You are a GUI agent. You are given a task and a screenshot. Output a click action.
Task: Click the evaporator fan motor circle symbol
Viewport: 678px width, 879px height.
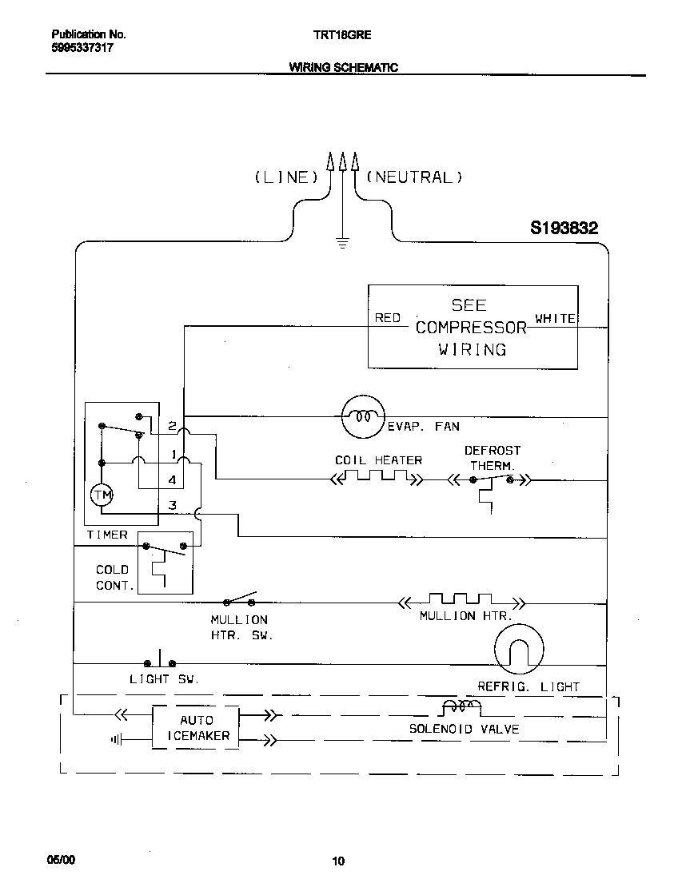[x=362, y=416]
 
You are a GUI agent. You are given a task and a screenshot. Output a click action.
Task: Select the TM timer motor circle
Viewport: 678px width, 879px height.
[x=102, y=496]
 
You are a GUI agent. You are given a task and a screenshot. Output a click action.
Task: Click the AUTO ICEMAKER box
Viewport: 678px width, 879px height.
[x=196, y=727]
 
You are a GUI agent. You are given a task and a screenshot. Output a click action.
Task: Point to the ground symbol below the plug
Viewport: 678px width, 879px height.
[x=343, y=243]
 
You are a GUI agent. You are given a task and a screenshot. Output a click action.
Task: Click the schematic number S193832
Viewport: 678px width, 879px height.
[x=564, y=229]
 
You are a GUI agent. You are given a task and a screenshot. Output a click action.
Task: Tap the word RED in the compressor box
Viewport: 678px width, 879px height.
[x=388, y=318]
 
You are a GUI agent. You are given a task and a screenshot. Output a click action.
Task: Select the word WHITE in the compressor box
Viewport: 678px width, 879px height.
[x=555, y=318]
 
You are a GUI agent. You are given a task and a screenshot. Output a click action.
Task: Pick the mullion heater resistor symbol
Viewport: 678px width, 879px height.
[x=461, y=600]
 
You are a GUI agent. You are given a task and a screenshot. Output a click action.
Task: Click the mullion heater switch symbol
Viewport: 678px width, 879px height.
[x=240, y=600]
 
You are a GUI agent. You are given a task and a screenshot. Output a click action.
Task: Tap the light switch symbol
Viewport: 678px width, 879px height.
[x=161, y=662]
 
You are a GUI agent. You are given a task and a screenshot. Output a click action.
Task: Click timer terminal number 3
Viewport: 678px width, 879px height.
[x=172, y=505]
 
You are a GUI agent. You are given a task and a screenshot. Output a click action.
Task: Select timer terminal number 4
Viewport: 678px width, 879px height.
[x=172, y=479]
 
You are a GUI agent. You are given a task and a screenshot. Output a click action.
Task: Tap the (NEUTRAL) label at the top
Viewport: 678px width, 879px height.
[x=414, y=177]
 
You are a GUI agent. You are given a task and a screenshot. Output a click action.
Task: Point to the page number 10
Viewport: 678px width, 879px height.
[x=338, y=861]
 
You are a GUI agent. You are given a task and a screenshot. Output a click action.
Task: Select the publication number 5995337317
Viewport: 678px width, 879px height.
[x=82, y=48]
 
